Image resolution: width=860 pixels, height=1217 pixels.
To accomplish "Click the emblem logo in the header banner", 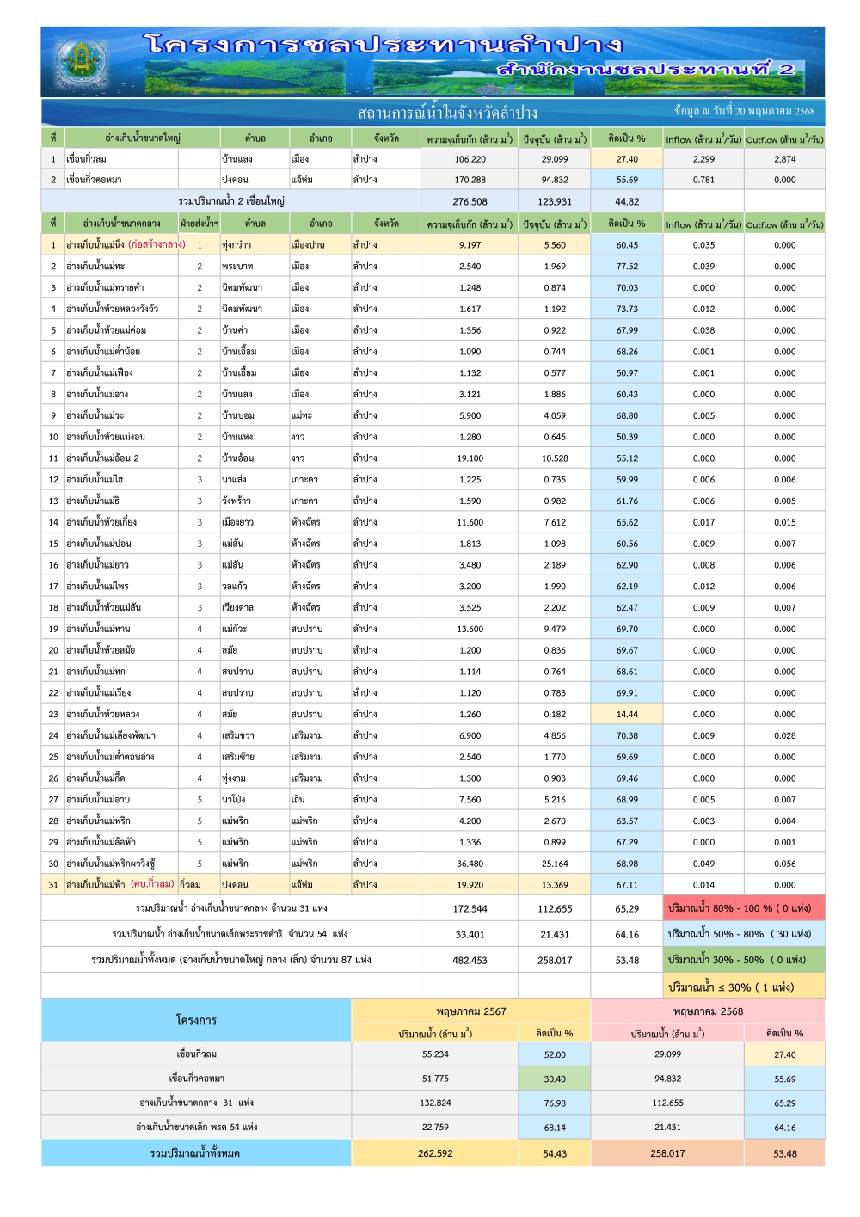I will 82,62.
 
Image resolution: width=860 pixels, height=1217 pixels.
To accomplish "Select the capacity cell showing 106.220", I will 470,159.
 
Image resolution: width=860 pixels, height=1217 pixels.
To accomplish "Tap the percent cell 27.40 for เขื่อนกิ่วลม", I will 627,159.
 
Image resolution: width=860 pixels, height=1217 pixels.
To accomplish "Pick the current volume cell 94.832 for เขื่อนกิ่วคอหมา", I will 555,180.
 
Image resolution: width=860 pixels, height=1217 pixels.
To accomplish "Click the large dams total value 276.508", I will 470,201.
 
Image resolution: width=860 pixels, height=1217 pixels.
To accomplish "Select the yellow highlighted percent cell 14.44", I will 627,714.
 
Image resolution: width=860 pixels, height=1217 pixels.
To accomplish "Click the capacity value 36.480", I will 470,864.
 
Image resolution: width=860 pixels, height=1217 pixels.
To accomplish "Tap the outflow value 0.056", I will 784,864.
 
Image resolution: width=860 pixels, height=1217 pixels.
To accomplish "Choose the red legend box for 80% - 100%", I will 744,908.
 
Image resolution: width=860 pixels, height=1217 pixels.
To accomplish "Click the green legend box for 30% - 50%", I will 744,960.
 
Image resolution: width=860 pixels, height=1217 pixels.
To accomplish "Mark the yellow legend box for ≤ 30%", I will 744,987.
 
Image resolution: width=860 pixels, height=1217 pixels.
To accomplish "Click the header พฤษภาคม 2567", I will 470,1011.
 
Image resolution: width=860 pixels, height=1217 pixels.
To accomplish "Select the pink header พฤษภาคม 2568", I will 708,1011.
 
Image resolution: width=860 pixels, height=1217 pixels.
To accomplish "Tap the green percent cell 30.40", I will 555,1079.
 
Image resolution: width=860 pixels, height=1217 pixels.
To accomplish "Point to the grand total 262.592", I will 435,1153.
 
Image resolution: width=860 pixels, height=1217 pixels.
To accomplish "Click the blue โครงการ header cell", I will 196,1020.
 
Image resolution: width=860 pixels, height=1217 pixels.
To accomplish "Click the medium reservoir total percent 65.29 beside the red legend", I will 627,908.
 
